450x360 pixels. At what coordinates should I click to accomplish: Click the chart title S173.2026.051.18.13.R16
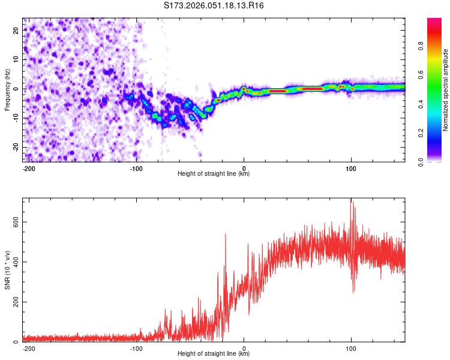click(214, 5)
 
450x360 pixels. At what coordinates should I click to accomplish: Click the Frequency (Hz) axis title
click(7, 90)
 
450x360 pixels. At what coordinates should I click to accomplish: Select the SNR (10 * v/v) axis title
click(7, 269)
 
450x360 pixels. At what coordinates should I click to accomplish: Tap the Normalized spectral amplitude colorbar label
click(446, 90)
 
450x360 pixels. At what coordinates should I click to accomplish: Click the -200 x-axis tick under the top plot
click(29, 167)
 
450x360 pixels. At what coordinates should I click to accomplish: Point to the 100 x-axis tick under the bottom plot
click(351, 347)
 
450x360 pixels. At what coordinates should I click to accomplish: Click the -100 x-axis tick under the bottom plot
click(136, 347)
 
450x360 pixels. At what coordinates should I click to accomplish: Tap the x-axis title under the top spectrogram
click(214, 174)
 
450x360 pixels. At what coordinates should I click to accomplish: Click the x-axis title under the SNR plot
click(214, 354)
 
